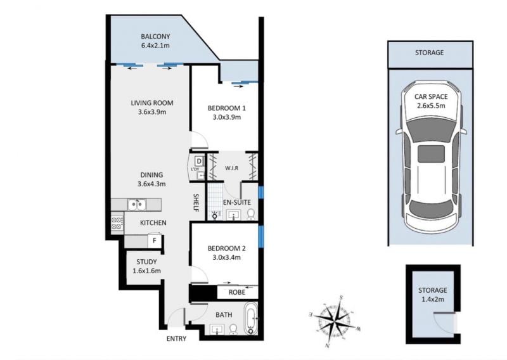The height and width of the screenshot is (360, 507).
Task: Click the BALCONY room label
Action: click(x=155, y=37)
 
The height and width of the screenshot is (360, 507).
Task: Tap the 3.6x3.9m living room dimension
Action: click(x=151, y=112)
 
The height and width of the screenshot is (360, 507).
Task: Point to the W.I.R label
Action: click(x=232, y=168)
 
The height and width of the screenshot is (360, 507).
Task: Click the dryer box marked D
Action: click(x=199, y=161)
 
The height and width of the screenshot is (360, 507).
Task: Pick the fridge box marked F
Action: click(x=155, y=241)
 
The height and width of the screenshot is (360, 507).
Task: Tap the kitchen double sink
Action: click(x=136, y=205)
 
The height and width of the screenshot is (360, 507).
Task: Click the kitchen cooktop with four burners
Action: click(x=117, y=223)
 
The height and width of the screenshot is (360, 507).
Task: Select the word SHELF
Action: click(x=196, y=203)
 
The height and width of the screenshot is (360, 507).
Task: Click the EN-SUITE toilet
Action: click(x=250, y=214)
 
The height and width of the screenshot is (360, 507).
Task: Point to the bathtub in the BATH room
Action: click(x=250, y=318)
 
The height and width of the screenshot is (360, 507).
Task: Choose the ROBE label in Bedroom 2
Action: click(x=237, y=292)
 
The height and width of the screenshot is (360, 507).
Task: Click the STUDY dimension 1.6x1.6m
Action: click(x=146, y=271)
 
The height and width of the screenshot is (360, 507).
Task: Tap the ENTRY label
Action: click(x=177, y=338)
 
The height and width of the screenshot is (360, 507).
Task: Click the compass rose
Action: click(x=335, y=322)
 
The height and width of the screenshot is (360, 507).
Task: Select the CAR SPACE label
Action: click(x=431, y=97)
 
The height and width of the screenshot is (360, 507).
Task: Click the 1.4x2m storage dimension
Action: click(x=433, y=299)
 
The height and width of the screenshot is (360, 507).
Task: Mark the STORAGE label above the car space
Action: click(x=430, y=53)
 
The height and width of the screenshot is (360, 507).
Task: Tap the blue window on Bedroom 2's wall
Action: click(x=260, y=237)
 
